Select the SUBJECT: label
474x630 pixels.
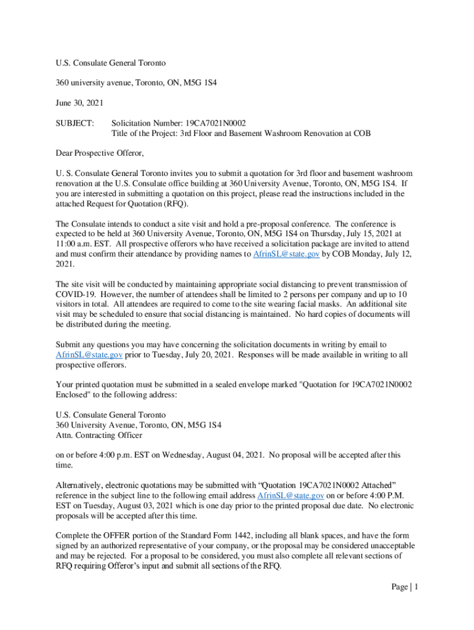point(74,124)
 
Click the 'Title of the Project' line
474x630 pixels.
point(241,134)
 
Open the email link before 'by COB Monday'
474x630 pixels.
point(286,254)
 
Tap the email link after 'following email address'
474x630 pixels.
point(291,496)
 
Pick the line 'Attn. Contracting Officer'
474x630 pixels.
point(98,435)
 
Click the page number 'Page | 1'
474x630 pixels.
point(404,587)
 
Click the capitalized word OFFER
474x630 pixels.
point(126,536)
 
